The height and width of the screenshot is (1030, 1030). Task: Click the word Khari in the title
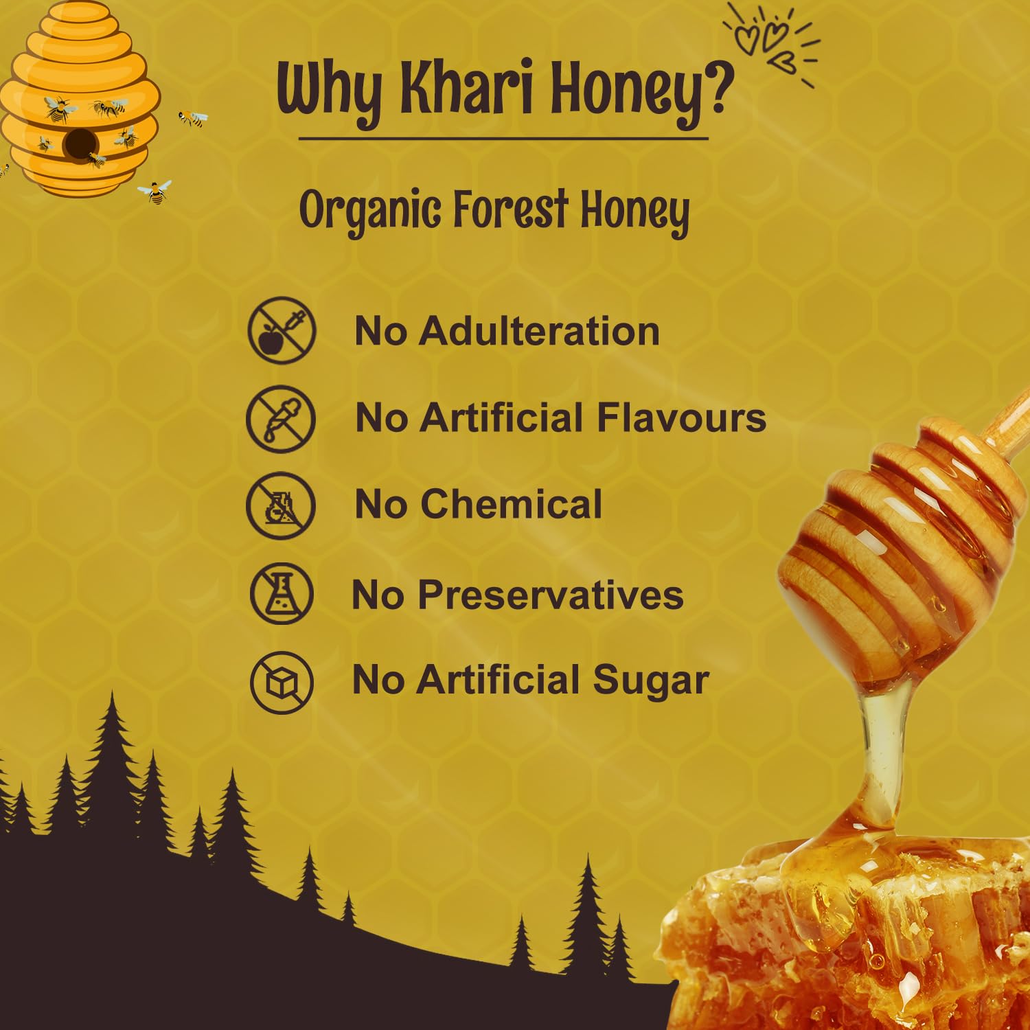click(x=468, y=89)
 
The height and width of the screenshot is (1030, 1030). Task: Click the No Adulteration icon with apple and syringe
click(x=282, y=330)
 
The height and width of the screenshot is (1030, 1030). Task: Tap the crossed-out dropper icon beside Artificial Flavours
click(x=281, y=419)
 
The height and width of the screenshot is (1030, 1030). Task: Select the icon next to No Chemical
click(x=281, y=505)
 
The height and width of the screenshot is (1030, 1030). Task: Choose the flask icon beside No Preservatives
click(x=282, y=593)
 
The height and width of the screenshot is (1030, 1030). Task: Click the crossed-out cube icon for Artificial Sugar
click(x=282, y=683)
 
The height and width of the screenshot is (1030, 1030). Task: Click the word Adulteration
click(x=539, y=331)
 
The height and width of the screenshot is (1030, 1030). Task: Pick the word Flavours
click(x=681, y=417)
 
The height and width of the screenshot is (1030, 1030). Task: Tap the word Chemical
click(x=512, y=504)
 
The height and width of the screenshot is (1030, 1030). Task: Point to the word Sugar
click(x=650, y=681)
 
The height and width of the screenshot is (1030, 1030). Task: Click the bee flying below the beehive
click(x=156, y=192)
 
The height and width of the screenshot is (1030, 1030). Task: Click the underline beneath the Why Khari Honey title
click(x=503, y=139)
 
